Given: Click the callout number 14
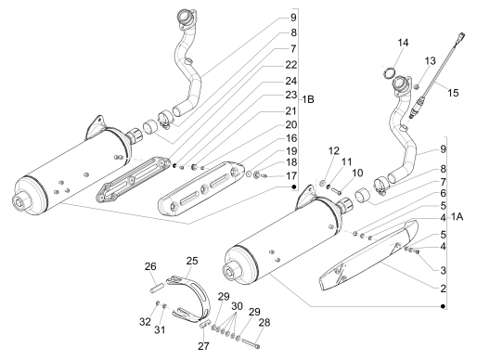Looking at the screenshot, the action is [403, 43].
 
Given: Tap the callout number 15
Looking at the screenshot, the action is [453, 93].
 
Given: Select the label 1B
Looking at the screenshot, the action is [308, 99].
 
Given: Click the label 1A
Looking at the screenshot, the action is [457, 217].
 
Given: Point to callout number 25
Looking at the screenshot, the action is [192, 261].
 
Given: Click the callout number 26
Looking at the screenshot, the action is [150, 266].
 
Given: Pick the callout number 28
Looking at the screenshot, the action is [264, 323].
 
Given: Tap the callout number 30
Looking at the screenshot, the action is [237, 306].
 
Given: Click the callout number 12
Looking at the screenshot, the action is [334, 150].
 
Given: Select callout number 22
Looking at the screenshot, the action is [290, 65].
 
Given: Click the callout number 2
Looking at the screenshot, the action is [443, 289].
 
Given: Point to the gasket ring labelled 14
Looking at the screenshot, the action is [390, 73].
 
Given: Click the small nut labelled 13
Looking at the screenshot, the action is [417, 87].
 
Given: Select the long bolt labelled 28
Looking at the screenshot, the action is [251, 344].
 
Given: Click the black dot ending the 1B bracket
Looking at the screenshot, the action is [294, 186].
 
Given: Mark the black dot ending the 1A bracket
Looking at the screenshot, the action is [443, 306].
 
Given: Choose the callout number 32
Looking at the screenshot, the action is [145, 322].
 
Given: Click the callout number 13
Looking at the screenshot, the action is [430, 60].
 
